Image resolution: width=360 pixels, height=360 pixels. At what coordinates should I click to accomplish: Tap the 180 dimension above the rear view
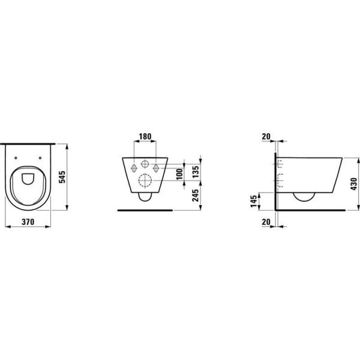144,137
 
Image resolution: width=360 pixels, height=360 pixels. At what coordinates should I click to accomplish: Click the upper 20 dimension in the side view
266,137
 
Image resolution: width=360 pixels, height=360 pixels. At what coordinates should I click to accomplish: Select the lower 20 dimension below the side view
266,222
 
